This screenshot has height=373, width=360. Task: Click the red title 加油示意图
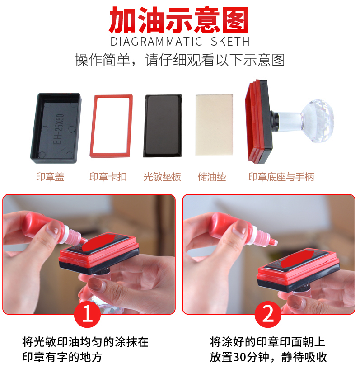(179, 20)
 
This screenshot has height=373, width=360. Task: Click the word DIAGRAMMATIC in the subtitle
(156, 42)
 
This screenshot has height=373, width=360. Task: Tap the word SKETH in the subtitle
(230, 42)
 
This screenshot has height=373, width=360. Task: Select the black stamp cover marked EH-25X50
(56, 128)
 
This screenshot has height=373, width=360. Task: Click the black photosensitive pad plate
(163, 126)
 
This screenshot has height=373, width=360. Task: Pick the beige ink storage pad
(214, 125)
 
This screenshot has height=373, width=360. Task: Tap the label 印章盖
(50, 177)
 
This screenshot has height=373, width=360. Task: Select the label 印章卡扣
(108, 177)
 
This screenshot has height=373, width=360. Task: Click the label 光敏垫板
(162, 177)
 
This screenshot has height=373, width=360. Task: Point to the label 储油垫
(212, 177)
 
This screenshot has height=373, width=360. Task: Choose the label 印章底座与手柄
(281, 177)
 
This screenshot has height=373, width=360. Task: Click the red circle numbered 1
(88, 314)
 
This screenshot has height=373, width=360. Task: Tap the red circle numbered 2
(268, 314)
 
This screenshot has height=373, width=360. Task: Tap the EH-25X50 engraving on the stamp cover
(58, 129)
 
